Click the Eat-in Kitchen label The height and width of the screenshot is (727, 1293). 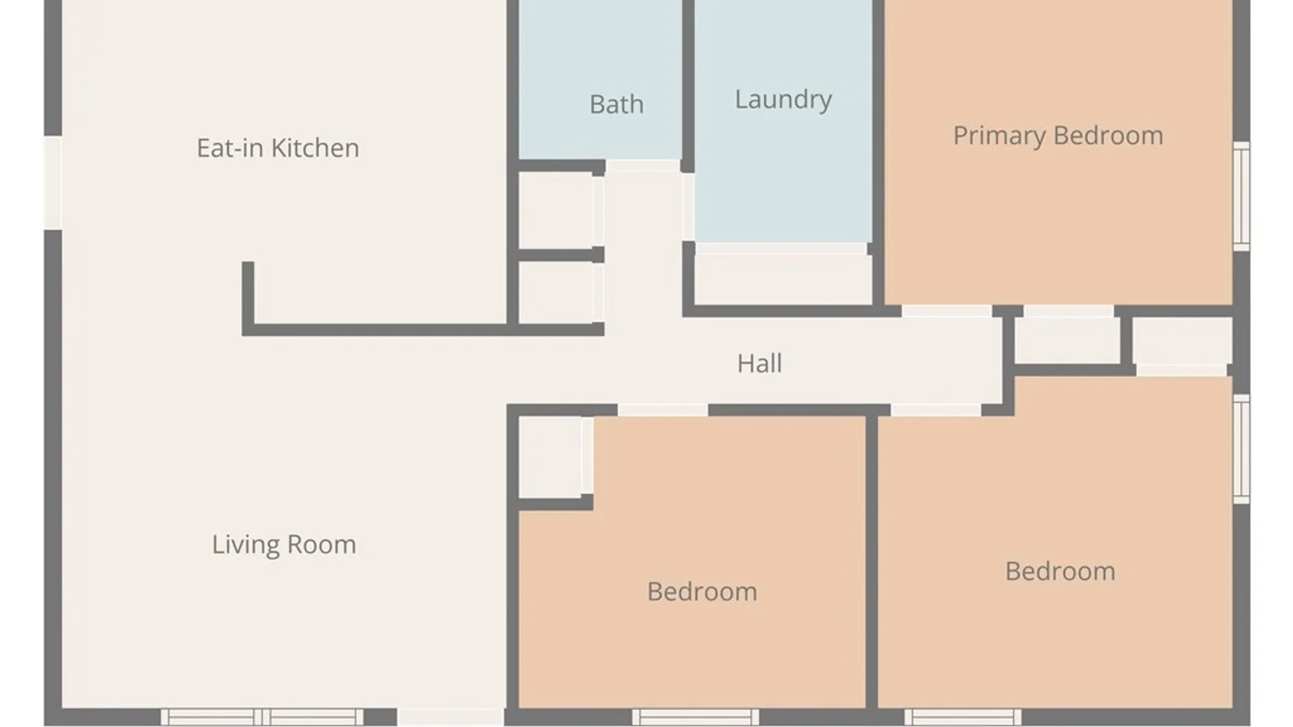click(277, 148)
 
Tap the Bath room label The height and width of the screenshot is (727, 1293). click(616, 104)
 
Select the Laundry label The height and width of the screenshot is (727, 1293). click(783, 100)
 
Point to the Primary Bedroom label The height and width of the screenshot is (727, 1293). click(1058, 136)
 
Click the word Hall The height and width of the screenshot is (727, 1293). click(759, 363)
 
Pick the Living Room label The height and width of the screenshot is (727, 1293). click(284, 545)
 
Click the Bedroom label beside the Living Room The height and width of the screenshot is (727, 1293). click(702, 592)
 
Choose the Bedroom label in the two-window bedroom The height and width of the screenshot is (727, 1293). click(1060, 572)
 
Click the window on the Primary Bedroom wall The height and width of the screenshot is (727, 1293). click(1241, 196)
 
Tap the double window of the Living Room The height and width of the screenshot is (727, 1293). click(262, 717)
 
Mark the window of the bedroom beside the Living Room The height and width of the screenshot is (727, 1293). click(696, 717)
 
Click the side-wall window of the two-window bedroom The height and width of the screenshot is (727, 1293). click(1241, 448)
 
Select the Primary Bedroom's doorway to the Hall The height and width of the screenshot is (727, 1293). click(946, 310)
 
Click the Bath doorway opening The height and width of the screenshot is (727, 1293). click(642, 166)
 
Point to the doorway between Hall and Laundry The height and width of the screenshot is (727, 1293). click(688, 207)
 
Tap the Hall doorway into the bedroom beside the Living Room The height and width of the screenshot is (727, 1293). click(663, 410)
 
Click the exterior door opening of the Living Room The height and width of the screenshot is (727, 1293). click(451, 717)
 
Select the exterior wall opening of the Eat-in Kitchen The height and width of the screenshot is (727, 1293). click(53, 183)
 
